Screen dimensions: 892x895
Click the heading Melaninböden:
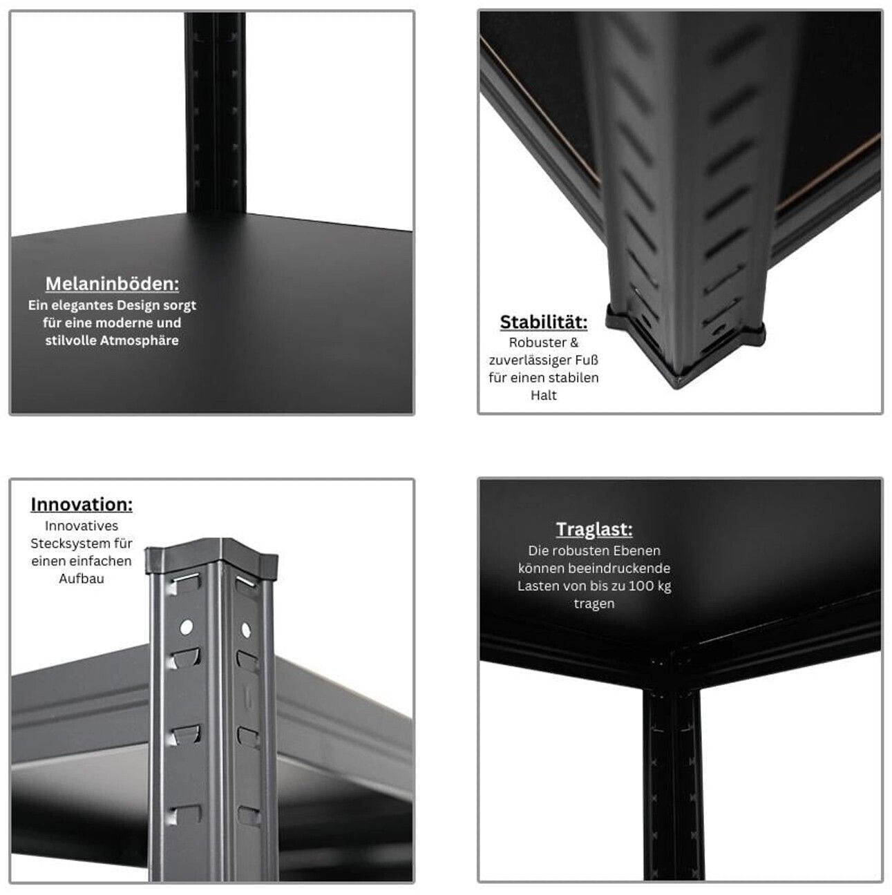pyautogui.click(x=112, y=284)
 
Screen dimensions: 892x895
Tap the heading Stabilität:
pyautogui.click(x=543, y=322)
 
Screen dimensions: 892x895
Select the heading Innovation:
pyautogui.click(x=82, y=504)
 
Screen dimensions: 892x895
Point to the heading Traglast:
pyautogui.click(x=594, y=529)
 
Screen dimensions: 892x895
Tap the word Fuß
pyautogui.click(x=589, y=360)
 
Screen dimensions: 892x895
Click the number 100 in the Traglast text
pyautogui.click(x=640, y=586)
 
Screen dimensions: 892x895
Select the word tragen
pyautogui.click(x=594, y=604)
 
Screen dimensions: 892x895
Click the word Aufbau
pyautogui.click(x=82, y=579)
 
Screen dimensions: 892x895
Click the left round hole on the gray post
pyautogui.click(x=186, y=627)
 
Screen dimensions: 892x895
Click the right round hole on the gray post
pyautogui.click(x=246, y=630)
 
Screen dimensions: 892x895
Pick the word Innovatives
pyautogui.click(x=82, y=526)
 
